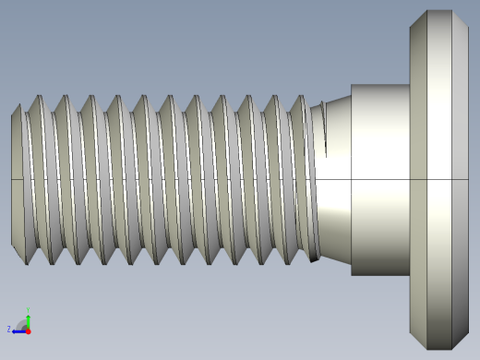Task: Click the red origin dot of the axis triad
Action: point(28,330)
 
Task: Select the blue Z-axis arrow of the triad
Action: point(18,330)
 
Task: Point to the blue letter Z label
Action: point(9,329)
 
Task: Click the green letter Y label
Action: point(29,308)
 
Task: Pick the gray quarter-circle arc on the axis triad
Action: point(22,324)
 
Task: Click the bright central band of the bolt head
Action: point(439,180)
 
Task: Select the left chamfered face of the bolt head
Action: point(418,180)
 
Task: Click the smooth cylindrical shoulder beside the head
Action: point(380,180)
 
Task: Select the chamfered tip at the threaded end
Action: point(17,180)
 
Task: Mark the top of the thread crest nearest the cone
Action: point(298,97)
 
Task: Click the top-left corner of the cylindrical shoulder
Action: point(352,86)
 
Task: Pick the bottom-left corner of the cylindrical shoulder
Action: point(352,275)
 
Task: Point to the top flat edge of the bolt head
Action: point(439,11)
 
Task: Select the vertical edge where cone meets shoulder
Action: point(352,180)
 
